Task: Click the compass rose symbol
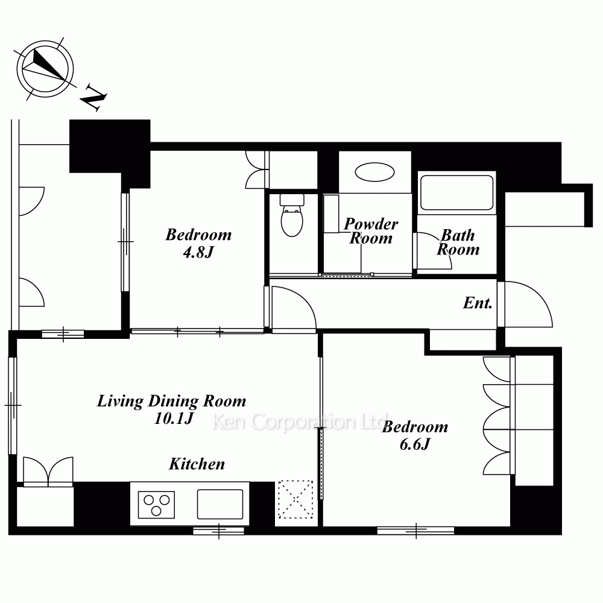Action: pos(45,69)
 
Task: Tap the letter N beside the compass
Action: pos(93,97)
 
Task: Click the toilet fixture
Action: pos(292,215)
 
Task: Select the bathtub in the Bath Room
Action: pos(456,193)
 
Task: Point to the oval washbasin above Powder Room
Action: pos(374,172)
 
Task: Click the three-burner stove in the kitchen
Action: pos(156,505)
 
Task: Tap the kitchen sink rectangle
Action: pos(220,504)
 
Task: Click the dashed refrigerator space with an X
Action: pos(295,499)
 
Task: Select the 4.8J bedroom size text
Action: pos(198,252)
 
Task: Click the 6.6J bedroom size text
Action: pos(415,444)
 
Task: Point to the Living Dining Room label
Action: pos(171,401)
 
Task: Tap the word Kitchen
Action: pos(197,464)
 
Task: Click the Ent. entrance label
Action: pos(478,303)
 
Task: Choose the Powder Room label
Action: pos(370,231)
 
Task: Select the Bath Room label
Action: pos(458,242)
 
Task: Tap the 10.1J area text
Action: pos(174,418)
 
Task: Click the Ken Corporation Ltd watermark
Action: pos(300,421)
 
